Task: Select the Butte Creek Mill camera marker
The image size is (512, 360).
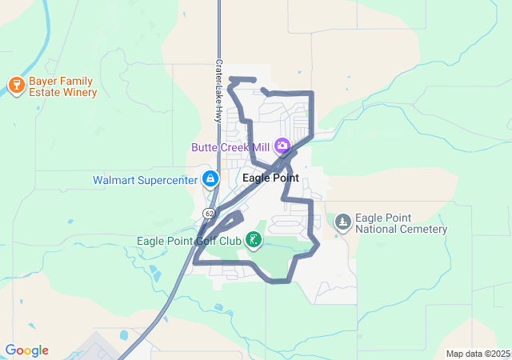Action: [282, 146]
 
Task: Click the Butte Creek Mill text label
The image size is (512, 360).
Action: [230, 147]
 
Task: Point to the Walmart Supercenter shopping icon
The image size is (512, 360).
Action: [210, 179]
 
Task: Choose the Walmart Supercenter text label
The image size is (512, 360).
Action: [145, 180]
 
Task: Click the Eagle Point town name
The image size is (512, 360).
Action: [270, 178]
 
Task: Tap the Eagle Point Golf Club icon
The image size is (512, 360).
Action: [254, 239]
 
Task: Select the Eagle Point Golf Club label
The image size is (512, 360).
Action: [189, 240]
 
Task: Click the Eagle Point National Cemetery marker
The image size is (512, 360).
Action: [343, 221]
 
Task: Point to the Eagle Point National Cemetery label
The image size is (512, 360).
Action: [401, 223]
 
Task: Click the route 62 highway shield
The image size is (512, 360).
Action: [209, 213]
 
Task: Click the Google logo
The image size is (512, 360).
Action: [26, 350]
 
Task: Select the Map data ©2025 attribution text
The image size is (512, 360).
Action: [478, 354]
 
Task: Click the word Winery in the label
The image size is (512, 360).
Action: [80, 92]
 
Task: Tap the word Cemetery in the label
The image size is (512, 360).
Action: [422, 230]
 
